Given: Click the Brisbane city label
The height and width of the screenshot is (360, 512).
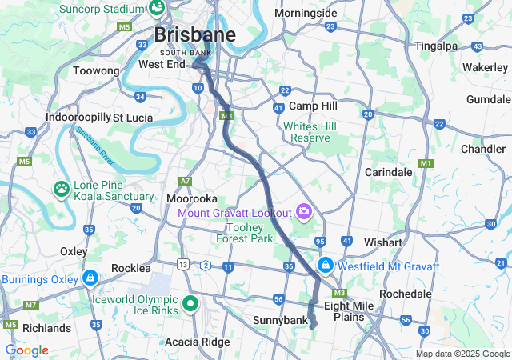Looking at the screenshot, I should (195, 35).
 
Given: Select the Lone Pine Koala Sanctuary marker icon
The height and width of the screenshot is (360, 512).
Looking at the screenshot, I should (62, 190).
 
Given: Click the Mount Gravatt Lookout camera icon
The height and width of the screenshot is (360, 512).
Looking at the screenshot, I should (303, 211).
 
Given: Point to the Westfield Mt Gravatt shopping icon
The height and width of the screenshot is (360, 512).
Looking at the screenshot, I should (326, 265).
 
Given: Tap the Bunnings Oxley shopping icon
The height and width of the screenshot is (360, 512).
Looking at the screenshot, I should (90, 279).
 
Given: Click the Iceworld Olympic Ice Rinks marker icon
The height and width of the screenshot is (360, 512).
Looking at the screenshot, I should (190, 303).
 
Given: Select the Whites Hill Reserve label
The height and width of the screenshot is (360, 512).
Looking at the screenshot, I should (310, 132).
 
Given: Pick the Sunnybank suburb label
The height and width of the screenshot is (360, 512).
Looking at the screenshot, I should (281, 322).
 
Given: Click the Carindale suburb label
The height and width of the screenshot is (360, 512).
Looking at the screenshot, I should (388, 172).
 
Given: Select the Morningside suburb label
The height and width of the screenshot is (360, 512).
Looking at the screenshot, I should (306, 14).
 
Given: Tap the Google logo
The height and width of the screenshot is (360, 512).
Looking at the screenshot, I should (26, 350).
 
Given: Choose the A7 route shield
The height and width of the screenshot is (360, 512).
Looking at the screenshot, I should (186, 182).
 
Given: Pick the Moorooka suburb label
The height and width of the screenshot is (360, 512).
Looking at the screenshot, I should (192, 198).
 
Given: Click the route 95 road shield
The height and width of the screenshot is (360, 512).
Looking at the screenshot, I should (321, 242).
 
